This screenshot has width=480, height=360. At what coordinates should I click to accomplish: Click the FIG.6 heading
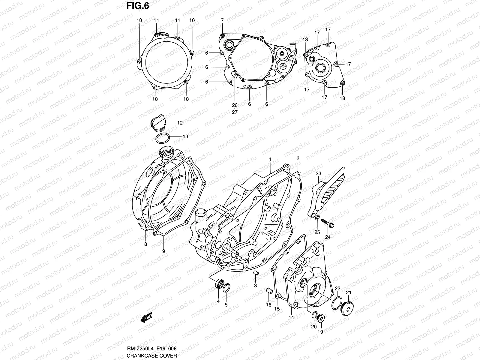(137, 6)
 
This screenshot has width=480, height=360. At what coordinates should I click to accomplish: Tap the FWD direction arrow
(146, 317)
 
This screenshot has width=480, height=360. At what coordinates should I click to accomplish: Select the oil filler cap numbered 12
(158, 123)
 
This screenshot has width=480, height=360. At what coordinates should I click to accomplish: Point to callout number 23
(318, 174)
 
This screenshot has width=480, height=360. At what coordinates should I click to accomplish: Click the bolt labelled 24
(327, 223)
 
